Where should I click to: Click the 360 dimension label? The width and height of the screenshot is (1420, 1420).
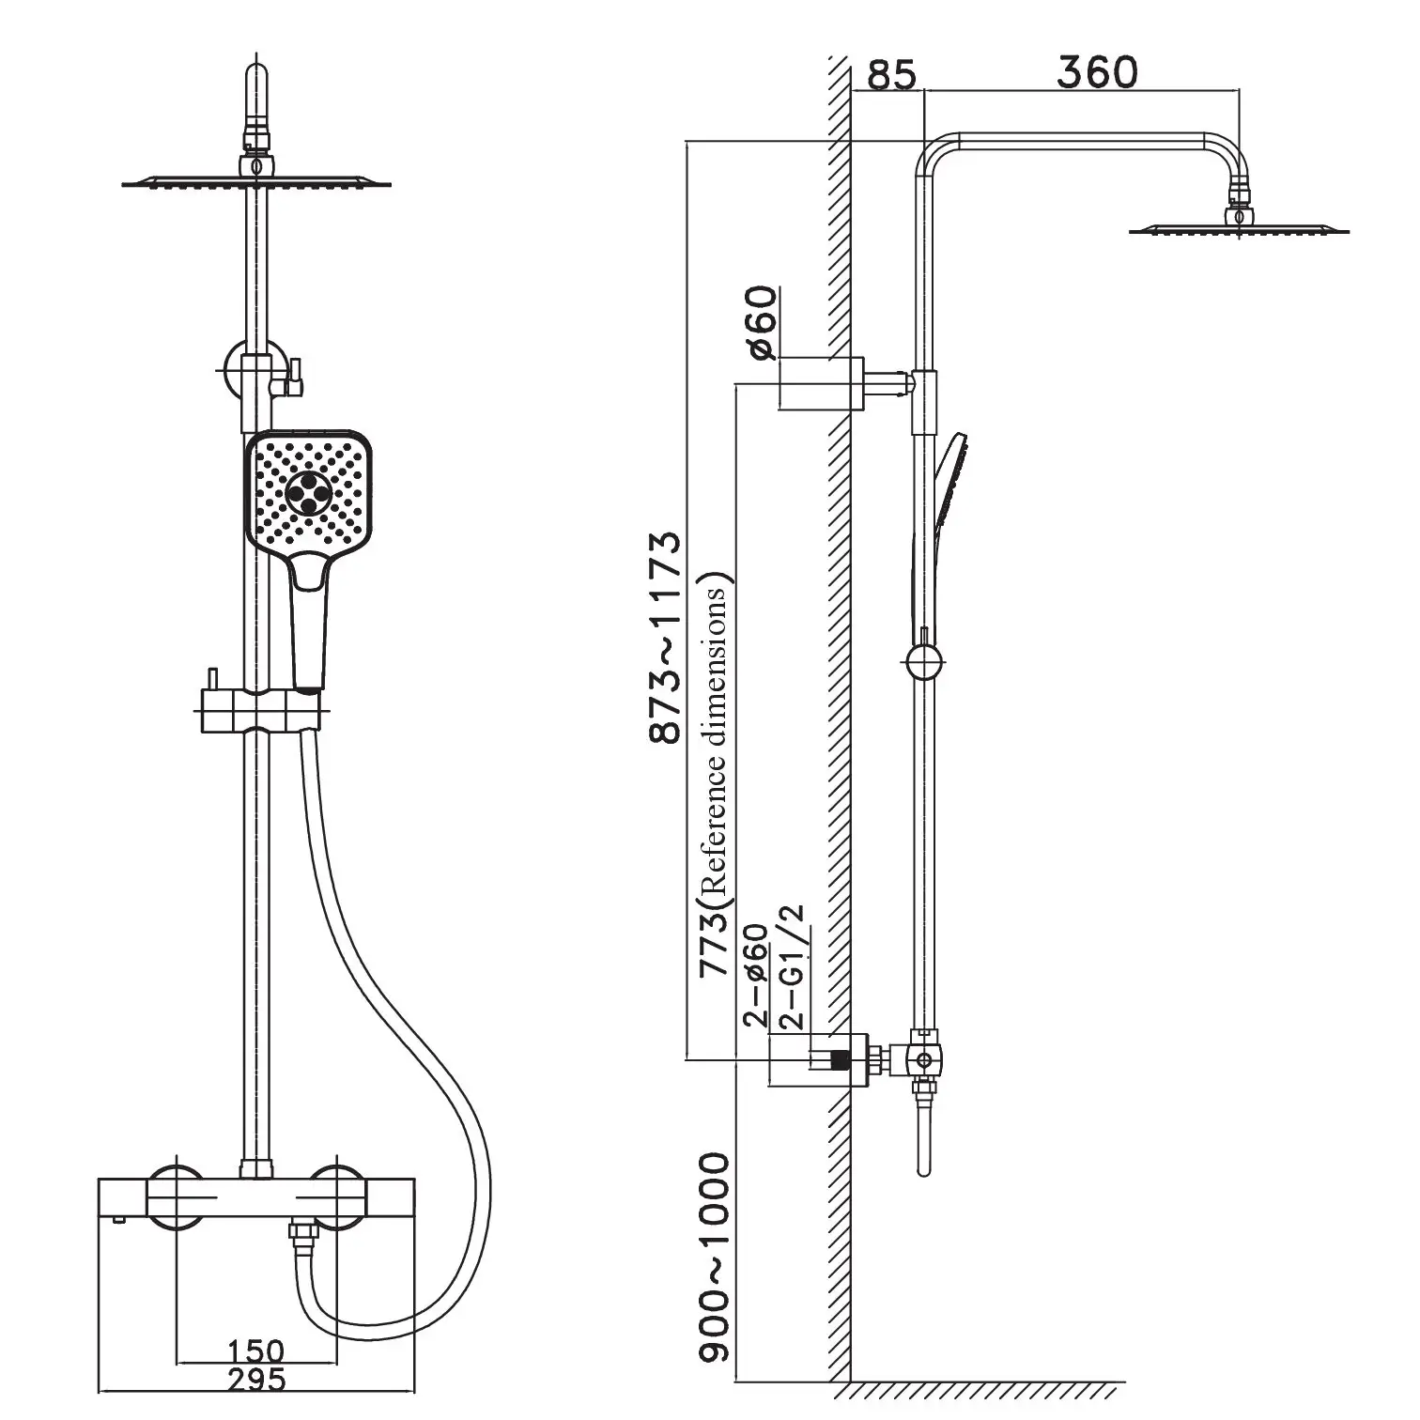click(1096, 72)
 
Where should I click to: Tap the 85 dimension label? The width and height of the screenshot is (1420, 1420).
click(889, 74)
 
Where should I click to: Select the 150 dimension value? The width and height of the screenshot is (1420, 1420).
click(255, 1352)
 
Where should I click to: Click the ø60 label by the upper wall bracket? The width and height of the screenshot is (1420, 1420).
click(763, 322)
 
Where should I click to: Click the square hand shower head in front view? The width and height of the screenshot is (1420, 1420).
click(308, 493)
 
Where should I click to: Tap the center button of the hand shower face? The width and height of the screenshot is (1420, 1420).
click(307, 491)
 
